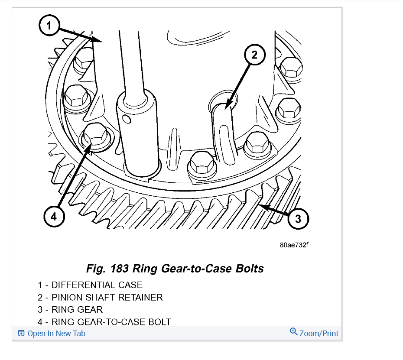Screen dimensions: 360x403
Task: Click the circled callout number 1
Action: pyautogui.click(x=49, y=26)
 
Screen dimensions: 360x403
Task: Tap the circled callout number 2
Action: pyautogui.click(x=254, y=55)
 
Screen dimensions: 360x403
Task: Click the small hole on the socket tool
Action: pyautogui.click(x=126, y=118)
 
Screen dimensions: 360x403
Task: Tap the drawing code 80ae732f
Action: pyautogui.click(x=294, y=245)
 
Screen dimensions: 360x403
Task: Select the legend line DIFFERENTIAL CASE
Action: pyautogui.click(x=90, y=285)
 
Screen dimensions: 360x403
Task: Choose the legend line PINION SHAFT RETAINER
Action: pyautogui.click(x=100, y=297)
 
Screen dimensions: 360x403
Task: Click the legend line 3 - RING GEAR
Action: pyautogui.click(x=70, y=310)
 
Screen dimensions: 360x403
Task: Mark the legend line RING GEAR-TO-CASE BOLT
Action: pyautogui.click(x=104, y=322)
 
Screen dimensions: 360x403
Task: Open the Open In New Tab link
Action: pyautogui.click(x=56, y=333)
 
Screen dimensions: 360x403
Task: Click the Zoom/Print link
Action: pyautogui.click(x=319, y=333)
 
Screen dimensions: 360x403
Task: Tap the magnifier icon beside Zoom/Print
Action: pyautogui.click(x=294, y=332)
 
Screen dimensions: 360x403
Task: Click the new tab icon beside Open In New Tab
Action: pyautogui.click(x=21, y=333)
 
